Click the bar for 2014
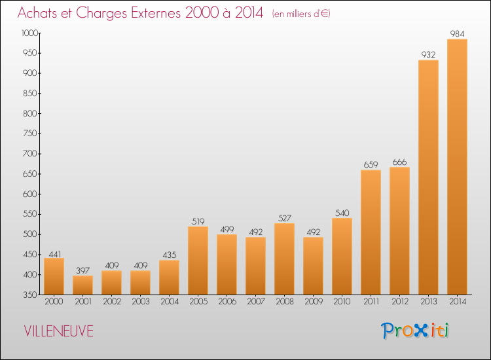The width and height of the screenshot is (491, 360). click(x=457, y=167)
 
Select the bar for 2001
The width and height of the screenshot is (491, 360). click(x=82, y=285)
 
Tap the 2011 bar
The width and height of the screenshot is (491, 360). click(x=371, y=232)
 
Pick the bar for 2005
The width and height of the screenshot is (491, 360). click(x=198, y=261)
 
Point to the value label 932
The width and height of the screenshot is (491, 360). click(x=428, y=54)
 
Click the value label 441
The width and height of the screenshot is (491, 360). click(x=54, y=252)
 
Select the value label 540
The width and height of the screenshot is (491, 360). click(x=342, y=212)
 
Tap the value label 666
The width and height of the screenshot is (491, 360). click(x=399, y=162)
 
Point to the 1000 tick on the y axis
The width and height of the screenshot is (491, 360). click(x=30, y=33)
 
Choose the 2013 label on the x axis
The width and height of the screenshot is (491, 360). click(x=428, y=302)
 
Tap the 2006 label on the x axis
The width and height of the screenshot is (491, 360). click(x=227, y=302)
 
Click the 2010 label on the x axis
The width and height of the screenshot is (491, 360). click(x=342, y=302)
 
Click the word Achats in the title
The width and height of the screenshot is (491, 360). click(x=41, y=13)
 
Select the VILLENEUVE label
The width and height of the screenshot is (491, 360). click(x=58, y=331)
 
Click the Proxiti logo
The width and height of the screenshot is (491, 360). click(x=416, y=331)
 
